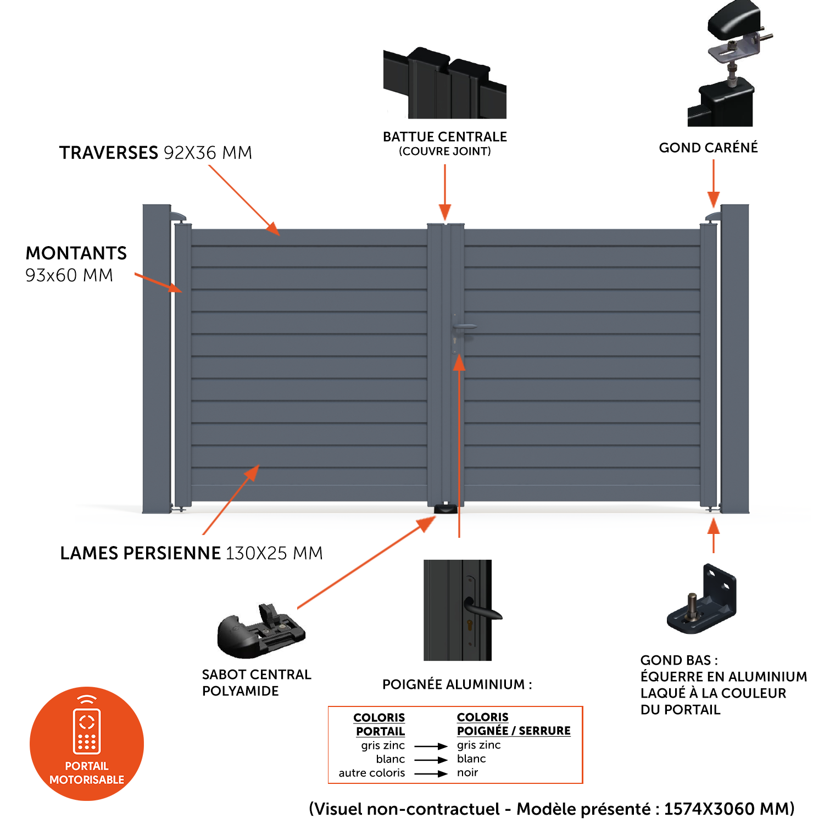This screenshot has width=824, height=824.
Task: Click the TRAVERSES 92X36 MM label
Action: click(155, 153)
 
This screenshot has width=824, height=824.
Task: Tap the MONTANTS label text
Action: click(76, 253)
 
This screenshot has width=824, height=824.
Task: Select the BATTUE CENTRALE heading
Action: click(445, 137)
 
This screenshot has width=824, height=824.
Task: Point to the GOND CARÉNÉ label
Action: click(708, 148)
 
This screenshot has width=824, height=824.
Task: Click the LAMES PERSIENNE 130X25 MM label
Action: click(191, 553)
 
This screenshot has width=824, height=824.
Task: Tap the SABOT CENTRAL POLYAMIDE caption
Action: click(257, 683)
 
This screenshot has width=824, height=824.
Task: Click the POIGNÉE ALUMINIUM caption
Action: click(457, 684)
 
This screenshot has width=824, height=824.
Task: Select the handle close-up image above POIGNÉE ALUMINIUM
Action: click(458, 610)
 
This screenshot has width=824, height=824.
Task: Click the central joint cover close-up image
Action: click(445, 83)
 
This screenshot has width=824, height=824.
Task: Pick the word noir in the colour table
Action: click(467, 773)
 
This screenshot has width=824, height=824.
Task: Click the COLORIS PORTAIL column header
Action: click(380, 725)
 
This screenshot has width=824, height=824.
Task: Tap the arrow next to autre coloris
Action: click(431, 773)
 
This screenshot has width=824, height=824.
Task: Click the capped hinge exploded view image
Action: click(725, 63)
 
